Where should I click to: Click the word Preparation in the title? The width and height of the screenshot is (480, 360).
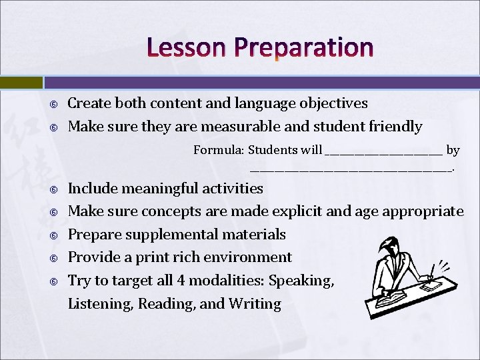pos(303,48)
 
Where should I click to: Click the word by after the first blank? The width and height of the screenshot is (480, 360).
pos(453,151)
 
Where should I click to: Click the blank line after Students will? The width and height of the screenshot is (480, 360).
pos(383,153)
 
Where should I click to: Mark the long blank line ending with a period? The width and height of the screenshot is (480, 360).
pos(351,171)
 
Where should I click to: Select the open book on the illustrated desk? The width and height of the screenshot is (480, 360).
pos(393,293)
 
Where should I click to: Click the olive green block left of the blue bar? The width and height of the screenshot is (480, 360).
pos(21,83)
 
